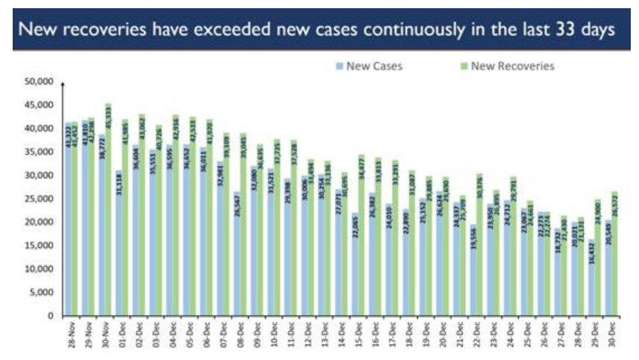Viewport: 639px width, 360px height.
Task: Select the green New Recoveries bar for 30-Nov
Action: pyautogui.click(x=109, y=209)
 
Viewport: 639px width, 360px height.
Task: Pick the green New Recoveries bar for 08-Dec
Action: pyautogui.click(x=243, y=224)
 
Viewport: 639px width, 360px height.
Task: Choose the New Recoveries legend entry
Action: pyautogui.click(x=516, y=66)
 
